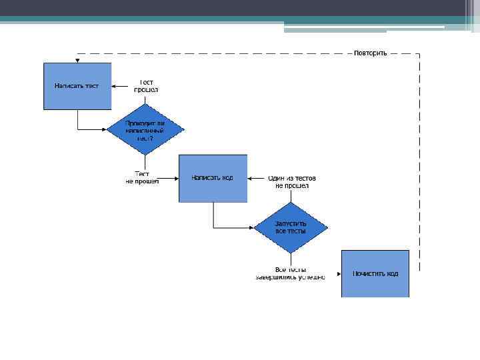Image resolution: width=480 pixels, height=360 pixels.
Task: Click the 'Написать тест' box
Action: point(77,85)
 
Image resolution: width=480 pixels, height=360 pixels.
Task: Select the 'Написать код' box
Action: point(213,178)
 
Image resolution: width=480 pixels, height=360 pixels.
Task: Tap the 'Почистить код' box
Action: point(375,273)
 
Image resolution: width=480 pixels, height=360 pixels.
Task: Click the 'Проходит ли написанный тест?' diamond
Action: point(145,130)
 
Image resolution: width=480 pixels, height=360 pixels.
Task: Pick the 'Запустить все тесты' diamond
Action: point(291,227)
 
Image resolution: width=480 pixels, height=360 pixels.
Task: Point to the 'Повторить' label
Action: point(370,53)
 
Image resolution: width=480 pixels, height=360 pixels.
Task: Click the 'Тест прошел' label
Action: point(146,85)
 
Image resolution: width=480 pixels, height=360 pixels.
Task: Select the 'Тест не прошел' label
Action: point(142,178)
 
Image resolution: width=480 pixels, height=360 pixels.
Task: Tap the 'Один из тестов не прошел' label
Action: point(291,181)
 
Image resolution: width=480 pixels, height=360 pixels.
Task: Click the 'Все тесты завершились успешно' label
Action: point(291,273)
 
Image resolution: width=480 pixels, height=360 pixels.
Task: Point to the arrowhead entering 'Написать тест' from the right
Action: point(114,85)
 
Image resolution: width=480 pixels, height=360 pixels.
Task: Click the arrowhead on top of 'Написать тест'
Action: point(77,60)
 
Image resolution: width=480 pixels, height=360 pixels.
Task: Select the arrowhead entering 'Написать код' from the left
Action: point(176,178)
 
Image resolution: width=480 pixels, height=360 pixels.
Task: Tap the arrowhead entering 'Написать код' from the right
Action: point(250,178)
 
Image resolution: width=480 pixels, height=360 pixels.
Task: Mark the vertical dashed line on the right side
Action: point(419,160)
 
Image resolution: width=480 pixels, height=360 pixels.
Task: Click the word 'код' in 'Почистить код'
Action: point(392,274)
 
